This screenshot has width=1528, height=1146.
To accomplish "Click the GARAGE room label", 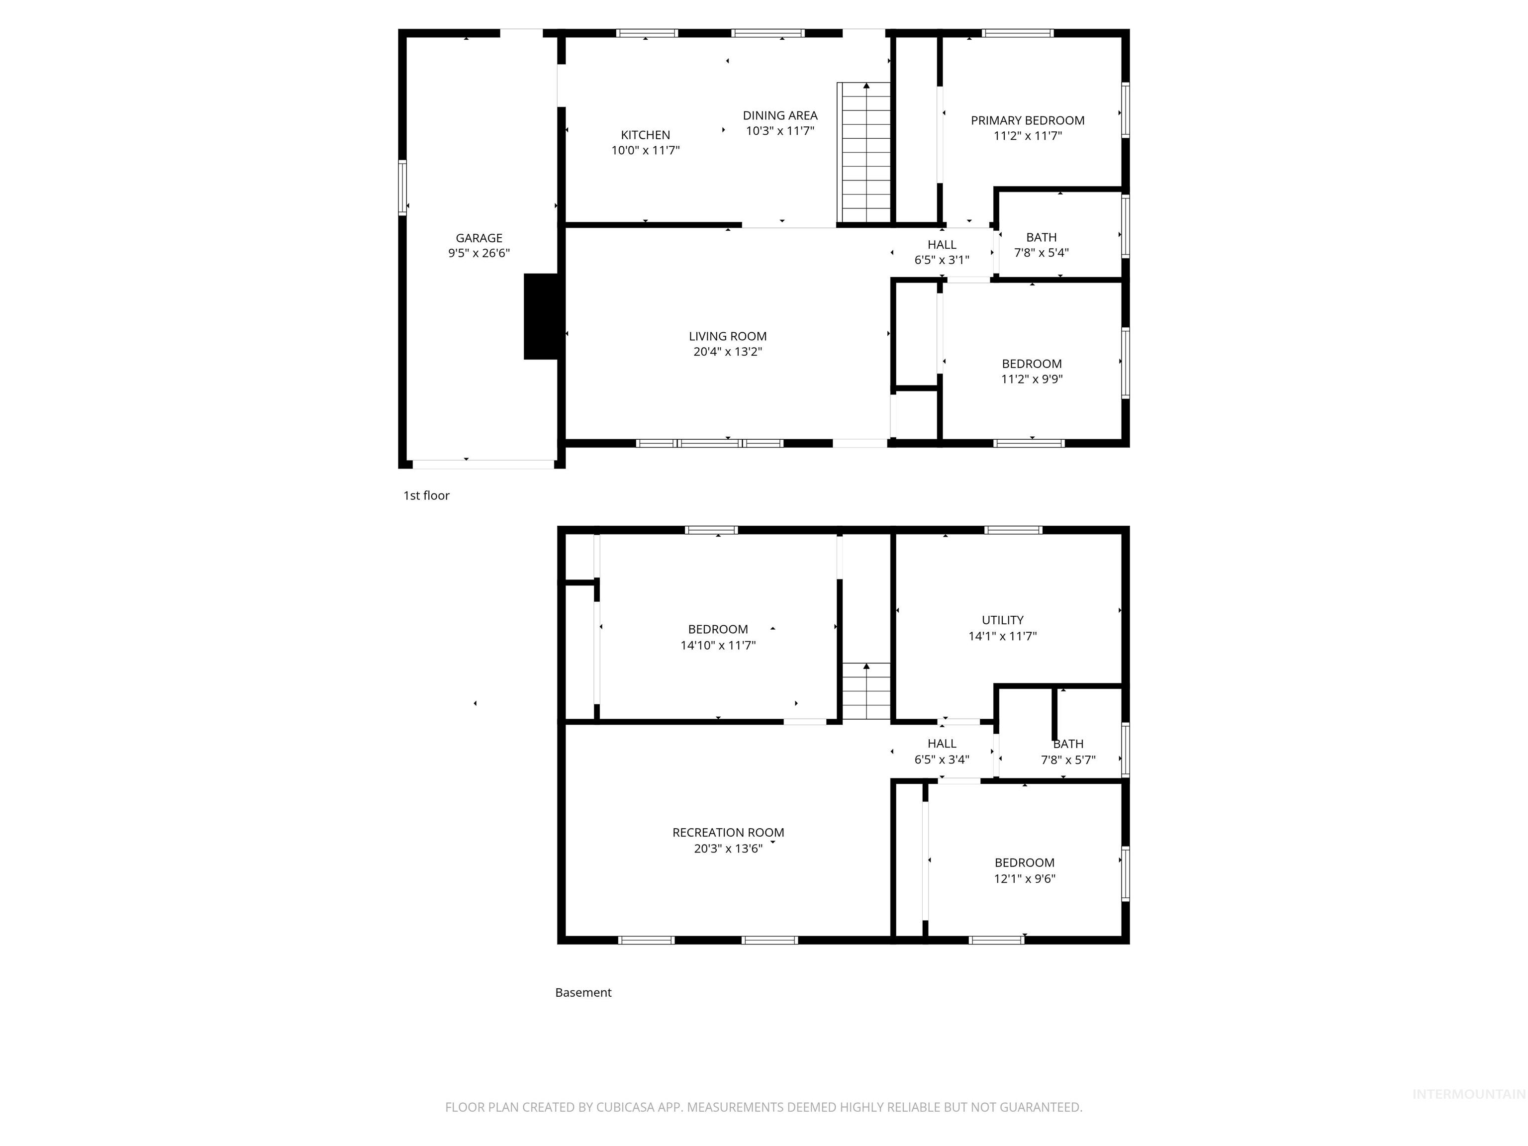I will coord(478,238).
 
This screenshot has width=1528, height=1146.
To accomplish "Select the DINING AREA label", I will coord(780,116).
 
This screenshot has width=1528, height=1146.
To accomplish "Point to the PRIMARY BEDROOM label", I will coord(1027,121).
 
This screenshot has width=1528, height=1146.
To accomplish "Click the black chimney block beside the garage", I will coord(544,316).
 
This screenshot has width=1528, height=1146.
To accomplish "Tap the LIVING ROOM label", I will coord(727,336).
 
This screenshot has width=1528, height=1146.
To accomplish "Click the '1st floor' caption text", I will coord(426,495).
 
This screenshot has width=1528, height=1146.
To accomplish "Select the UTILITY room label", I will coord(1002,620).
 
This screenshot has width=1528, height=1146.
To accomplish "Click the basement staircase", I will coord(865,691).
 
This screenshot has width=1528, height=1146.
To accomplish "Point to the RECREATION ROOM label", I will coord(728,832).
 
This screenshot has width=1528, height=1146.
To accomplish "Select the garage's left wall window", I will coord(402,187).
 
